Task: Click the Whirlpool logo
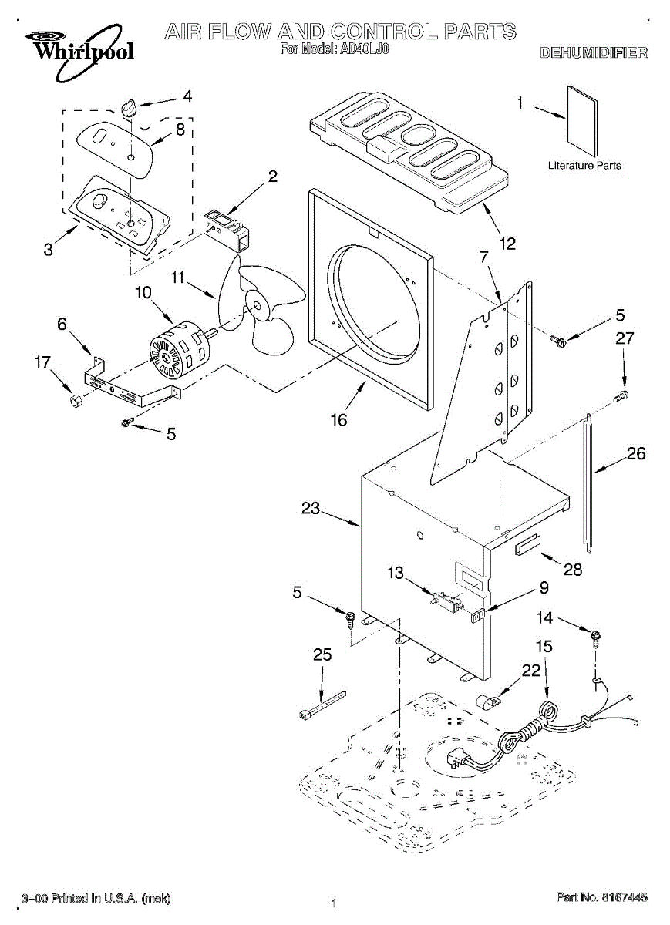coord(79,51)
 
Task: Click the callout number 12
coord(507,244)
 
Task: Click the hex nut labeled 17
coord(76,400)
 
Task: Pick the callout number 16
coord(338,420)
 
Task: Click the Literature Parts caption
coord(584,166)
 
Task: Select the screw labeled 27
coord(621,396)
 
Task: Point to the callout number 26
coord(636,453)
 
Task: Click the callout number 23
coord(311,508)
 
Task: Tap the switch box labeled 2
coord(227,230)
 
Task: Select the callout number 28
coord(573,570)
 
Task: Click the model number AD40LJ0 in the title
coord(365,49)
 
